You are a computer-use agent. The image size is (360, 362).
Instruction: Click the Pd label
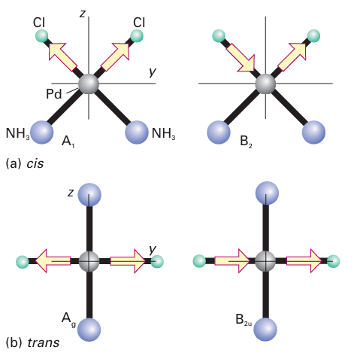[x=54, y=94]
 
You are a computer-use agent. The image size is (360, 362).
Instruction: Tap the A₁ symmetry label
[x=68, y=141]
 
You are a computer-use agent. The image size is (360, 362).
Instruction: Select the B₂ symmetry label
[x=246, y=141]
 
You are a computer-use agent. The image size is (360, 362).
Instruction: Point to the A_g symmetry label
[x=68, y=320]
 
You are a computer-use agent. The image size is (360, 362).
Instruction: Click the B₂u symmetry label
[x=244, y=320]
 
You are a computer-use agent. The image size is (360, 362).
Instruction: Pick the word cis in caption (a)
[x=35, y=164]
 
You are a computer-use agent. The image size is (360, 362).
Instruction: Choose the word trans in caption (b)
[x=44, y=342]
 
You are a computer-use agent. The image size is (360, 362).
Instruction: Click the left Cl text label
[x=39, y=23]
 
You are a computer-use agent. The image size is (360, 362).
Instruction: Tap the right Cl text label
[x=139, y=23]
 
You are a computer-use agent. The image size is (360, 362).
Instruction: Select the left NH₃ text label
[x=17, y=133]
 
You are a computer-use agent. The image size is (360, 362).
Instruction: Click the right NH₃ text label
[x=163, y=133]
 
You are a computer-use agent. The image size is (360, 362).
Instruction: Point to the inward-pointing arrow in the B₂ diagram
[x=241, y=58]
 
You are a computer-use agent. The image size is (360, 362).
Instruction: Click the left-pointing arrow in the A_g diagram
[x=53, y=260]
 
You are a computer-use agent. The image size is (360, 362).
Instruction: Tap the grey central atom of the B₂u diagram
[x=265, y=261]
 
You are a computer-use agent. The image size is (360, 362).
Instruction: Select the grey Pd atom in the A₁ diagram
[x=89, y=84]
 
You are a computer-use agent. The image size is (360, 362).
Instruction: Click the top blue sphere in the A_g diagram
[x=89, y=195]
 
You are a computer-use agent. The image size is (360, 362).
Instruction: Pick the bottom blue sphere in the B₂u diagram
[x=265, y=330]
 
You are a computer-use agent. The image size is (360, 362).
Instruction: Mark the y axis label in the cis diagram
[x=153, y=72]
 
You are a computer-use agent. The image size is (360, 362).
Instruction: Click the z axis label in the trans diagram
[x=71, y=193]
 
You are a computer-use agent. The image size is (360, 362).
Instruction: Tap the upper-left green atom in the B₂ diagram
[x=219, y=36]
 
